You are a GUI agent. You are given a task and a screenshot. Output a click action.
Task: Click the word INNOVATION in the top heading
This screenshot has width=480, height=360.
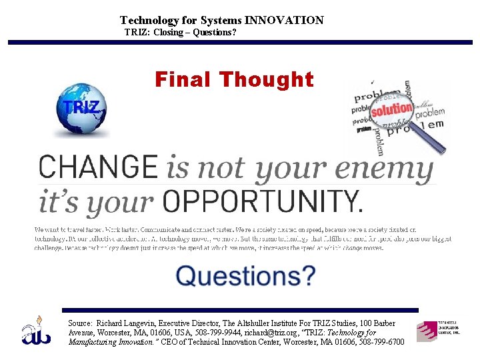coord(284,21)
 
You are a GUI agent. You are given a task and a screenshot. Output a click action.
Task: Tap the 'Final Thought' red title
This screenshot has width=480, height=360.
coord(234,80)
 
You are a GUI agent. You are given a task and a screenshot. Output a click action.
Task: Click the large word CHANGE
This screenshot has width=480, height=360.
coord(98,167)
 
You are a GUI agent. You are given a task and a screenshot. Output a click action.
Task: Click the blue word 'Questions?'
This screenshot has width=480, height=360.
coord(245,275)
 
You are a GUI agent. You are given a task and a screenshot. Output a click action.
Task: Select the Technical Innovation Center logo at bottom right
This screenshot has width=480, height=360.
coord(438,330)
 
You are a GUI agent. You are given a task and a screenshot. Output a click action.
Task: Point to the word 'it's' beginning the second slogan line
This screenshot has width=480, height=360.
coord(55,201)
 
